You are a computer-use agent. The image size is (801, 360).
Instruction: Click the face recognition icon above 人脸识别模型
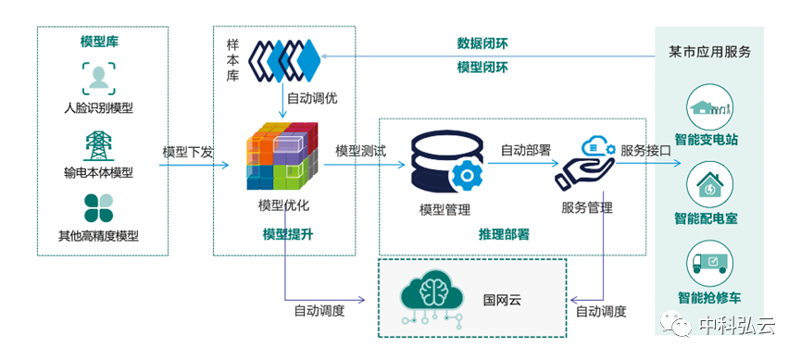point(99,78)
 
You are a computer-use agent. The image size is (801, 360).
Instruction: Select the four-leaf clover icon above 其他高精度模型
point(98,207)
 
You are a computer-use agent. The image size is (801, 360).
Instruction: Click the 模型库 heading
point(99,42)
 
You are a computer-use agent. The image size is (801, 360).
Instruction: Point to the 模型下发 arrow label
point(187,152)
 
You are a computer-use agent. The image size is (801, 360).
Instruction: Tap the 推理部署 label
point(504,235)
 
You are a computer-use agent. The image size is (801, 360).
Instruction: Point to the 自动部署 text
point(526,149)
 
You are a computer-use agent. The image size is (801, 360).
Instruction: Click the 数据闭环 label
point(482,43)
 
